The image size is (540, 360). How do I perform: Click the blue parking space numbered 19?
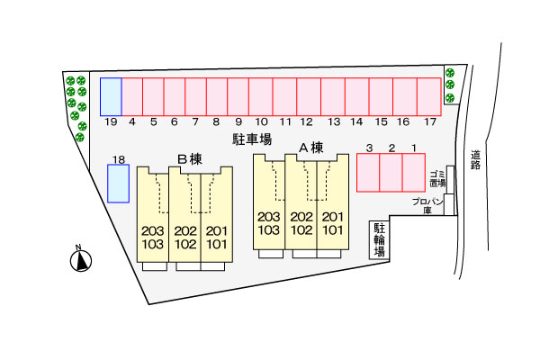tap(111, 96)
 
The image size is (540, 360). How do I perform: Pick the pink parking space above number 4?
tap(131, 96)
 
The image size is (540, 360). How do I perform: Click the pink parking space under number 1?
tap(413, 172)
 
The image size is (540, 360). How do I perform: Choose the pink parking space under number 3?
tap(368, 172)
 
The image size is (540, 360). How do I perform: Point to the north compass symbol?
tap(81, 260)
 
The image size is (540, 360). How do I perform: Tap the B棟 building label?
tap(189, 159)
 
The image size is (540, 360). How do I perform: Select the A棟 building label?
tap(310, 148)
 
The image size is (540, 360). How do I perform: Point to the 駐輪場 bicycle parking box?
tap(380, 240)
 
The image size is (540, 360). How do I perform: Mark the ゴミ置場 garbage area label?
tap(437, 178)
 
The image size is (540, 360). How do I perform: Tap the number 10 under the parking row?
tap(261, 121)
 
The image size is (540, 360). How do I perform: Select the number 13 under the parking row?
tap(334, 121)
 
